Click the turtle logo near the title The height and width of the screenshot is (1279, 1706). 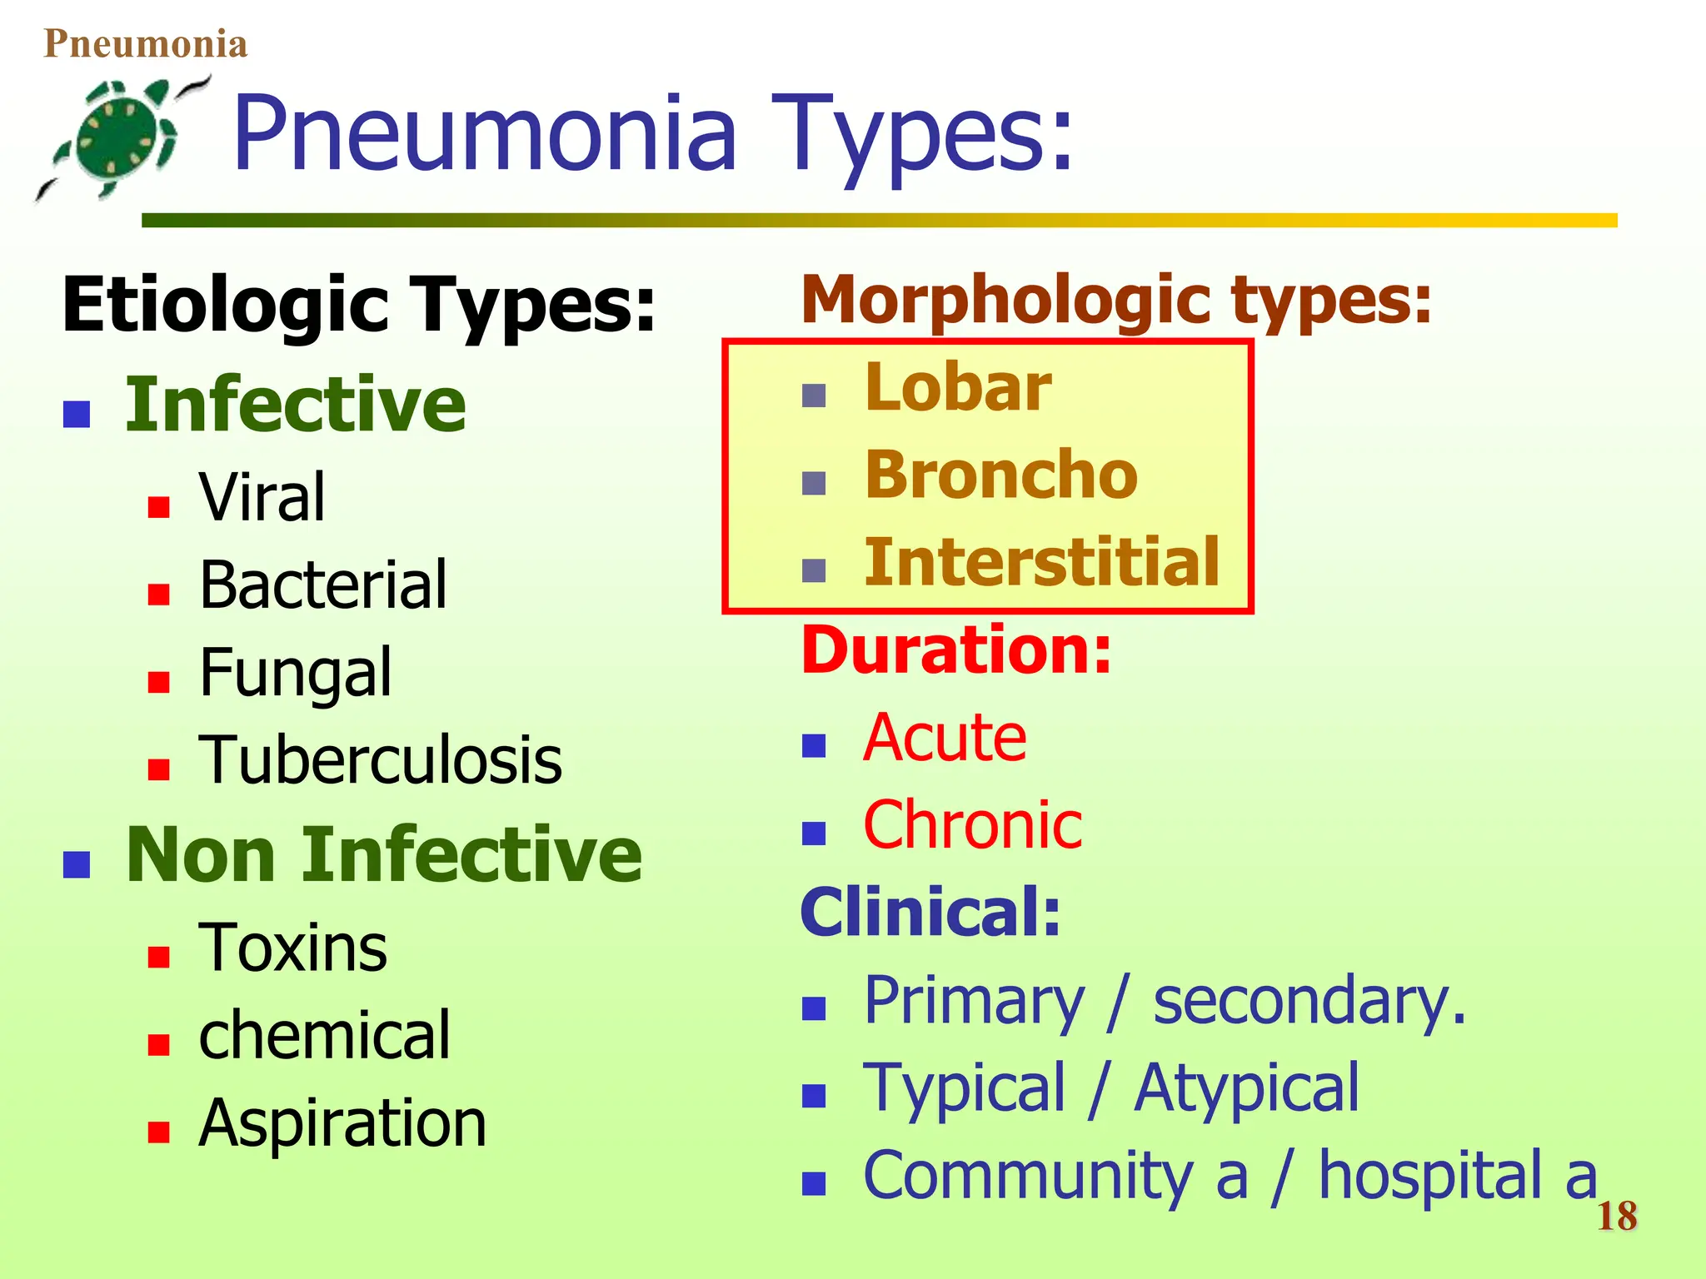[121, 137]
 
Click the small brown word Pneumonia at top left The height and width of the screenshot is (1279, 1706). [146, 43]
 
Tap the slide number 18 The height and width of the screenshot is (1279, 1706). [1617, 1217]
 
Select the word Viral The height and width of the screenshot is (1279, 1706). [262, 497]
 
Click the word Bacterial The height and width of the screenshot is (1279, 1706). [323, 585]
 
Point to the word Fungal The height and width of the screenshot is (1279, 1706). [295, 673]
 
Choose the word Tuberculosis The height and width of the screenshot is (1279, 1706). [381, 760]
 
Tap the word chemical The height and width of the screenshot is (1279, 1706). [325, 1035]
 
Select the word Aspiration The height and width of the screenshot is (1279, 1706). [342, 1123]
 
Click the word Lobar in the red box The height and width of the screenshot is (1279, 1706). [958, 388]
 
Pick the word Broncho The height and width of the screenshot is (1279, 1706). [1001, 475]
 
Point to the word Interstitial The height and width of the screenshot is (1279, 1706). [1042, 563]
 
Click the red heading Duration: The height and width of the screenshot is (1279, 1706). [956, 650]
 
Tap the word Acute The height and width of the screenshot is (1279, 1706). [945, 738]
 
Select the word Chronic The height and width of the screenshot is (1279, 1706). [972, 825]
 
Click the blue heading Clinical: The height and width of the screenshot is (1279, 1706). [930, 913]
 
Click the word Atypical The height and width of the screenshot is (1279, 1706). [1246, 1088]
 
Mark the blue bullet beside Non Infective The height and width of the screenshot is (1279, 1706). [77, 864]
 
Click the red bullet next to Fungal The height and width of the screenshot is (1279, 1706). [158, 682]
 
